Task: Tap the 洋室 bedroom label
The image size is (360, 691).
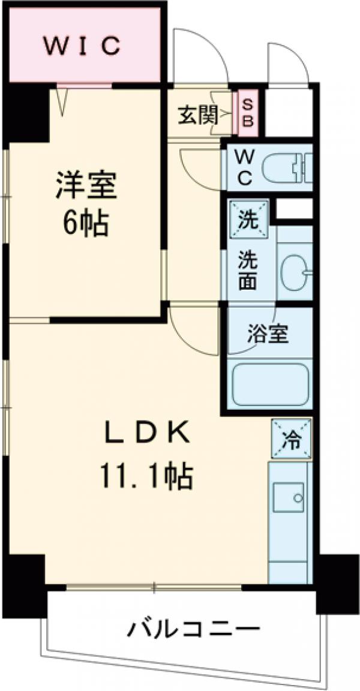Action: point(86,186)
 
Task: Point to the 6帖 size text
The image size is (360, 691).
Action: point(86,223)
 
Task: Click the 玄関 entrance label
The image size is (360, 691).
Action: point(196,115)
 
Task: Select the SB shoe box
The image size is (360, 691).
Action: point(248,114)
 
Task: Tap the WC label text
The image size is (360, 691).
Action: point(244,167)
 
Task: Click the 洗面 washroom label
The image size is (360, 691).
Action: point(247,269)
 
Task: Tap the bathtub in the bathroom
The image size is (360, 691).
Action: point(269,384)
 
